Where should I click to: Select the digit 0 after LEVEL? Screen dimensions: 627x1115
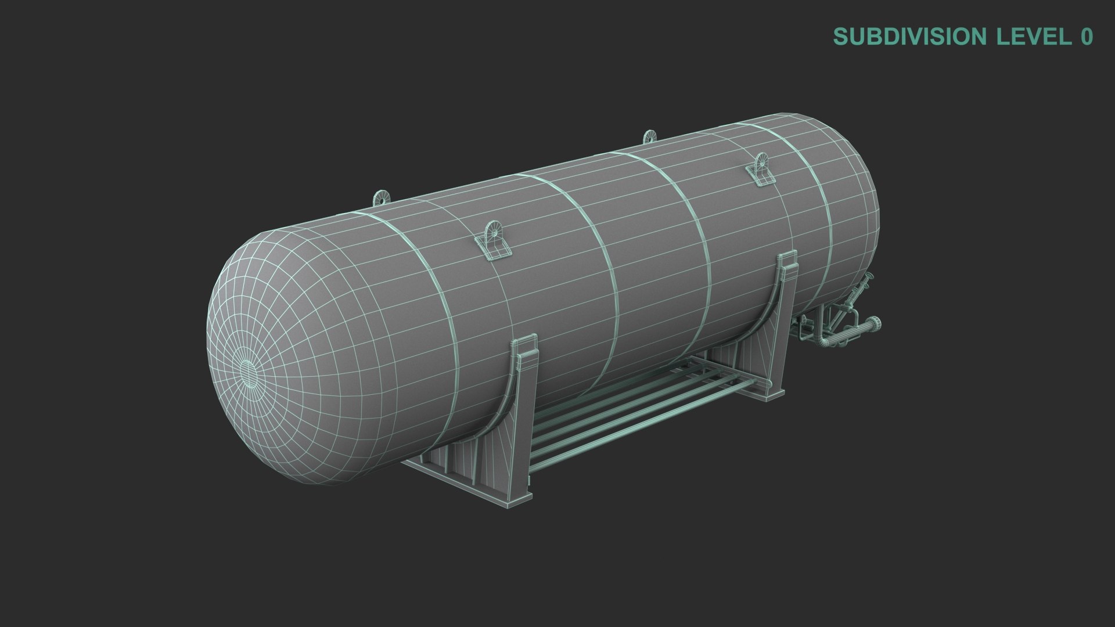coord(1086,37)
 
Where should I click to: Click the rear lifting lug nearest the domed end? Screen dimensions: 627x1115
coord(381,197)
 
